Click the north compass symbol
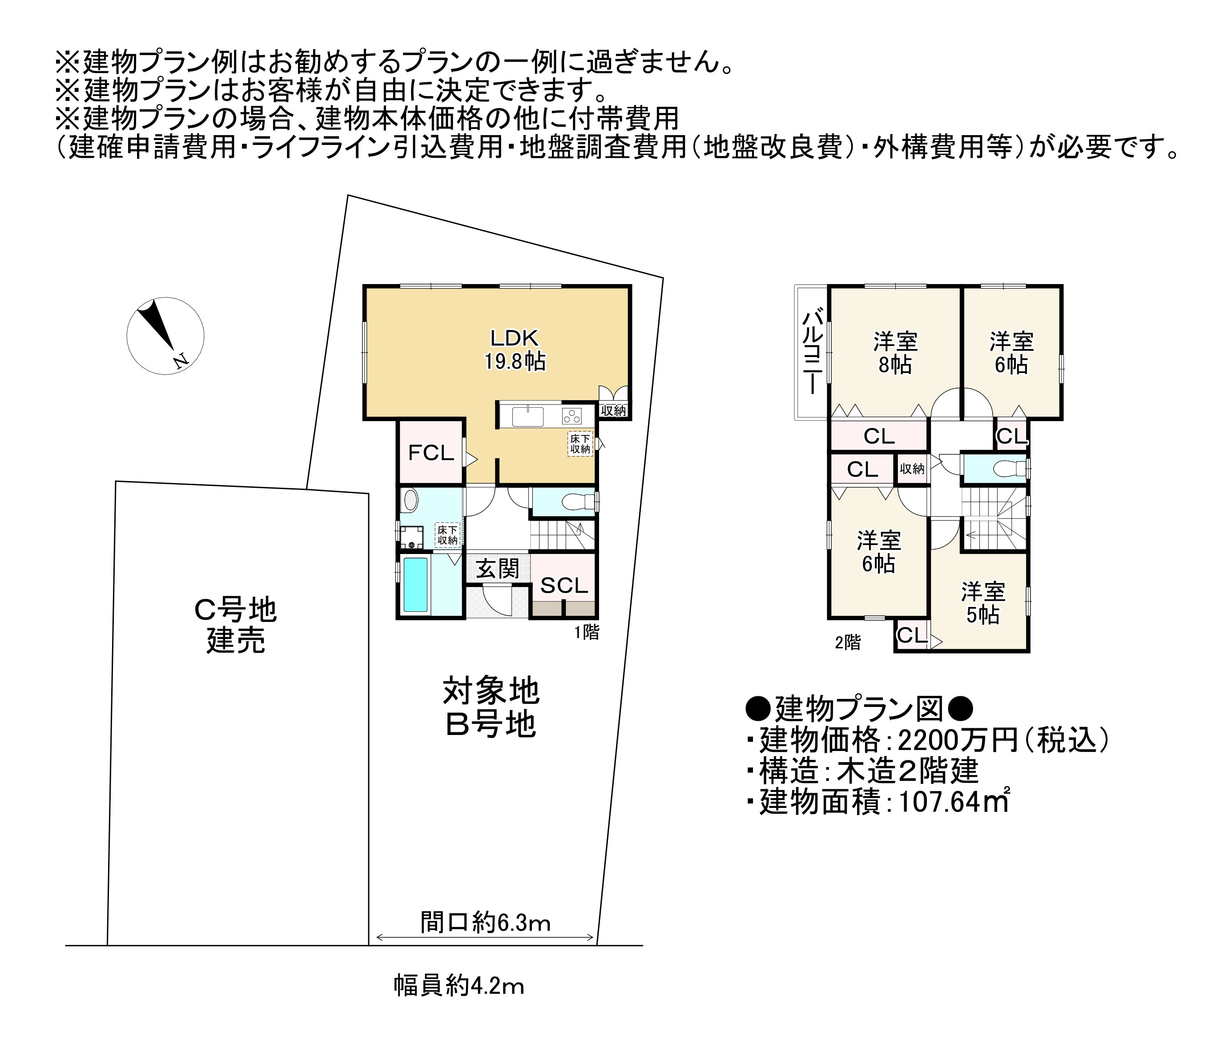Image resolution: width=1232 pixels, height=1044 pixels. pos(165,336)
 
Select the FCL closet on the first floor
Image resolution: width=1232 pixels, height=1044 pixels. pos(431,453)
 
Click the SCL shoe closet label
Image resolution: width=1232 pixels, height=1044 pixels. pos(564,585)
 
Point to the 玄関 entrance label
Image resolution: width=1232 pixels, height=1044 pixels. pos(498,569)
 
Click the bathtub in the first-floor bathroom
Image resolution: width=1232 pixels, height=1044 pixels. pos(415,585)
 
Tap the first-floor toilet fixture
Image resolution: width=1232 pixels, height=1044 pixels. pos(576,502)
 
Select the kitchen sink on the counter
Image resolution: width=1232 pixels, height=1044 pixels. pos(527,416)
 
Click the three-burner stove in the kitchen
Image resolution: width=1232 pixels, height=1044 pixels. pos(572,416)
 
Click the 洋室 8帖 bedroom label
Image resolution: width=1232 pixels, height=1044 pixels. pos(895,353)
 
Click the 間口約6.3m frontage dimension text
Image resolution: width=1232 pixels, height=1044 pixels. pos(485,922)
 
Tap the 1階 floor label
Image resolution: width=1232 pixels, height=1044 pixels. pos(586,632)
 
